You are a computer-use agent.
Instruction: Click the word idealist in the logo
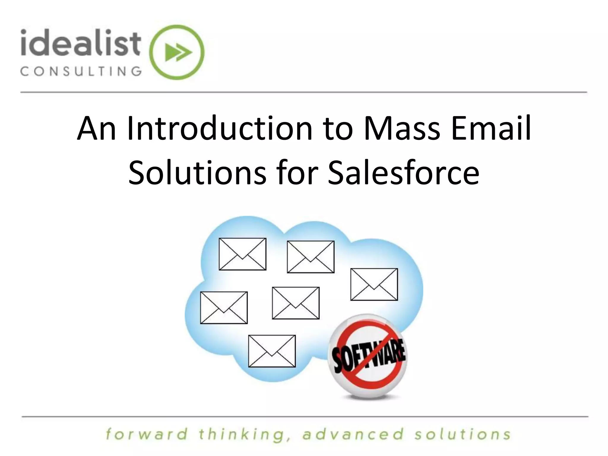click(80, 43)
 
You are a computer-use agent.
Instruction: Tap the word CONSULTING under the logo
click(81, 72)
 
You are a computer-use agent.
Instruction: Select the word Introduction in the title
click(220, 129)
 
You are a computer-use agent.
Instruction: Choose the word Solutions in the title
click(197, 173)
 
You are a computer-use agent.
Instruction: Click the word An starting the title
click(96, 129)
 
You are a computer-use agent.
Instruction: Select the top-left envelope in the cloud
click(242, 254)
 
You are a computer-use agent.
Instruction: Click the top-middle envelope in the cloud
click(311, 257)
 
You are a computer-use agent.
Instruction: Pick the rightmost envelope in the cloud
click(374, 284)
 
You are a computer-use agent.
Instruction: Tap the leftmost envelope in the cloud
click(224, 308)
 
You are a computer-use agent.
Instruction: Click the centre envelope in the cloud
click(296, 303)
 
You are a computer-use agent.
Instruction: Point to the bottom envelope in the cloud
click(272, 351)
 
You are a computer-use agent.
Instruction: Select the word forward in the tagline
click(147, 434)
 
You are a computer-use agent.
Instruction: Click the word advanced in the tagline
click(353, 434)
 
